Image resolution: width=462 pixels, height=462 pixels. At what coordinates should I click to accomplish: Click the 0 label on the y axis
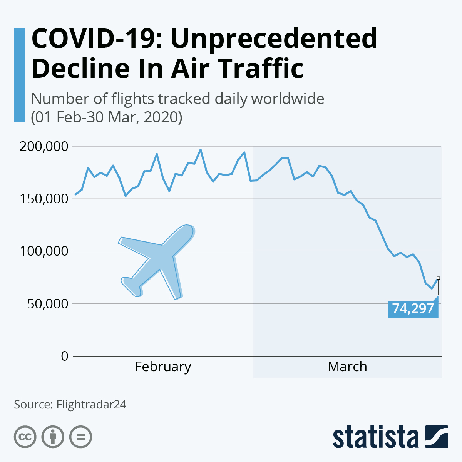click(64, 356)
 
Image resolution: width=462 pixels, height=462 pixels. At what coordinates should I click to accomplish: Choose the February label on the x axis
click(163, 367)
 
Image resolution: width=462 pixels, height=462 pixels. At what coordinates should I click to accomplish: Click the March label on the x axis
click(347, 367)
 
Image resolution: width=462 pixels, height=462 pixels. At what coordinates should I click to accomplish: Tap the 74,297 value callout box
click(413, 308)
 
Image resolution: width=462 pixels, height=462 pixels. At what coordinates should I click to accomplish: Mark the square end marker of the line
click(438, 278)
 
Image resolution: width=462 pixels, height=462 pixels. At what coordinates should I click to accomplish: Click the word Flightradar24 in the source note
click(91, 405)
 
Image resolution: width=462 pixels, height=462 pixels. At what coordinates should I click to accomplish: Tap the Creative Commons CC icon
click(25, 437)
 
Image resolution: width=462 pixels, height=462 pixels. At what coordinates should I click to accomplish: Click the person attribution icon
click(53, 437)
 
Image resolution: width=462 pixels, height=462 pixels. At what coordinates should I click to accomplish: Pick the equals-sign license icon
click(80, 437)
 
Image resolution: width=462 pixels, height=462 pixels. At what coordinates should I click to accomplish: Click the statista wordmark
click(375, 437)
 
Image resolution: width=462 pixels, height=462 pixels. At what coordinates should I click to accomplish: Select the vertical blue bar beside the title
click(19, 75)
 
